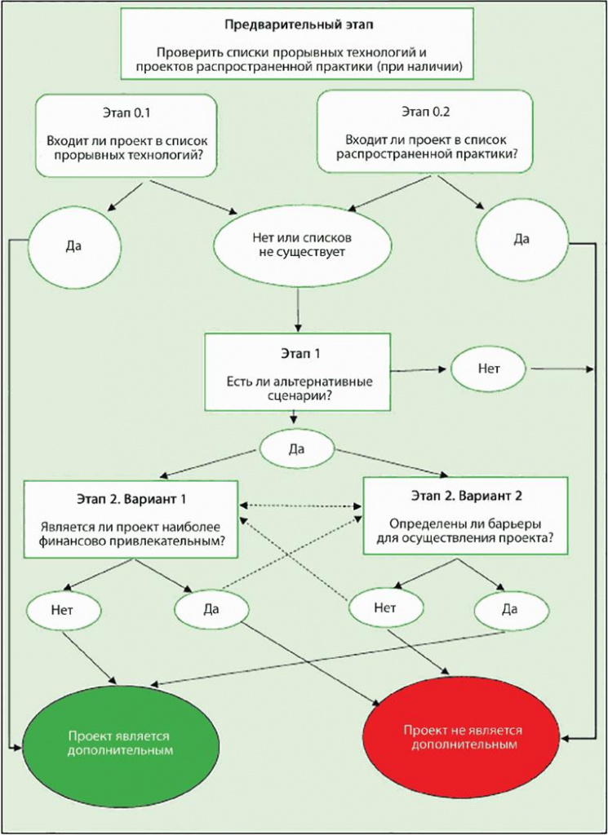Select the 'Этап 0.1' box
(x=126, y=134)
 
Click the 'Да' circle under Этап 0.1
(x=73, y=245)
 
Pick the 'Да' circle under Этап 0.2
(x=521, y=239)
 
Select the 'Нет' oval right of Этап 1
(x=488, y=368)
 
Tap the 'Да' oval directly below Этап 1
(x=296, y=449)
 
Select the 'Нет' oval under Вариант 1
(x=63, y=608)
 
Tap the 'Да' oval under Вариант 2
(x=510, y=608)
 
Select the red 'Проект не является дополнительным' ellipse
(x=466, y=738)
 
